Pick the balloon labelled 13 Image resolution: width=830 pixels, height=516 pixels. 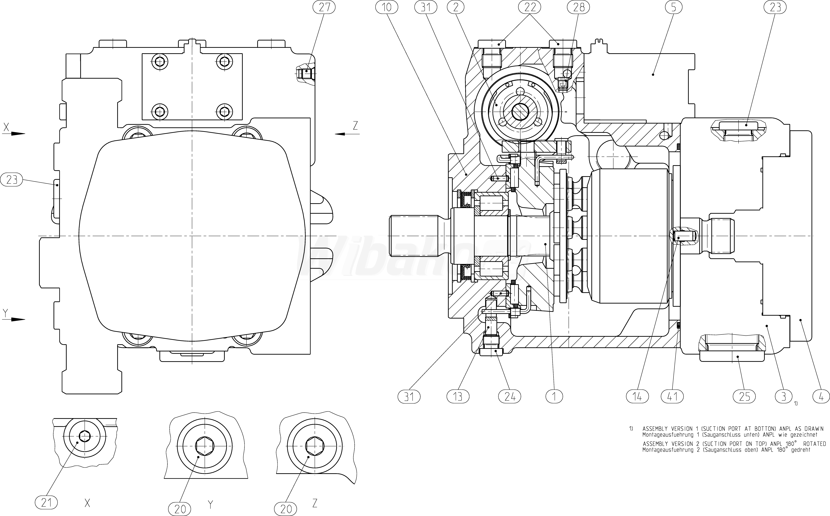pos(458,397)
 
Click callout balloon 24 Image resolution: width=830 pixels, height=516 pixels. pos(510,397)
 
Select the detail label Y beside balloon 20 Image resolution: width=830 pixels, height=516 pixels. pos(211,504)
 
